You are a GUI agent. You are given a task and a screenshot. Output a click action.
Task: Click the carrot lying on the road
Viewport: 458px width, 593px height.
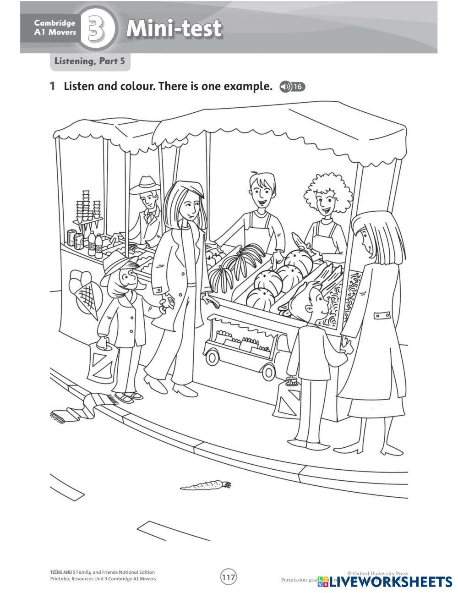pos(205,484)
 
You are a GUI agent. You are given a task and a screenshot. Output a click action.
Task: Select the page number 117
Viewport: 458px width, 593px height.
pos(229,577)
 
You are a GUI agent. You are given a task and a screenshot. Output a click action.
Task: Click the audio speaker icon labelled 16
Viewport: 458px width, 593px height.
pos(292,87)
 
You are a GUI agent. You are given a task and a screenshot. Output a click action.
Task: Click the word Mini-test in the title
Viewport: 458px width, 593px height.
pos(174,28)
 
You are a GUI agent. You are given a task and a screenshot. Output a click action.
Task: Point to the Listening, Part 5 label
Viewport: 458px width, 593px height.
pos(90,61)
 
